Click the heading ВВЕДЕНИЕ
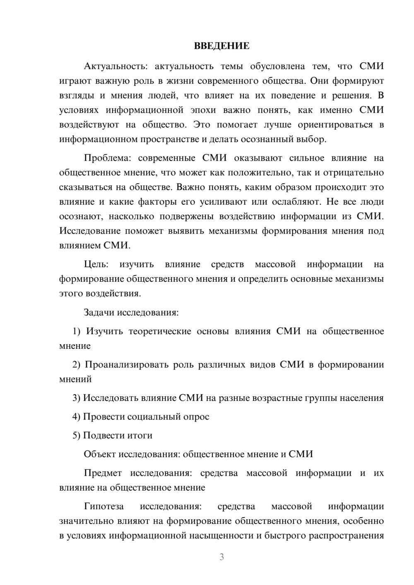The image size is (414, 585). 221,46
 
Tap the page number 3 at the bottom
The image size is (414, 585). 221,557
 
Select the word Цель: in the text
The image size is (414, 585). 96,264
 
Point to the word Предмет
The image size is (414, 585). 103,473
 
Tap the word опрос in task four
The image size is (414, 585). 197,417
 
